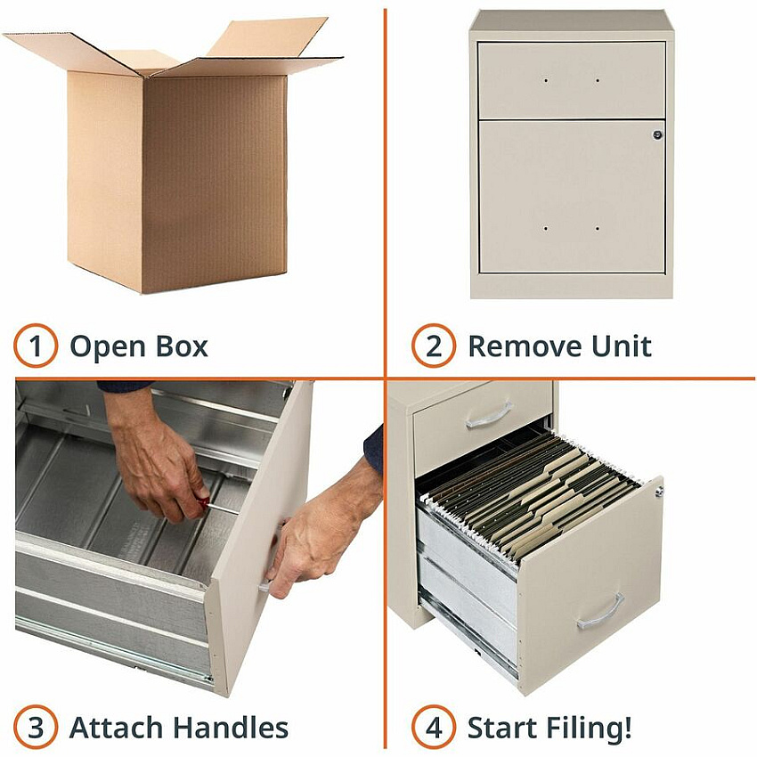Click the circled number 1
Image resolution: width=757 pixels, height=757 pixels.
36,346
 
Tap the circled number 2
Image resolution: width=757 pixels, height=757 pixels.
434,346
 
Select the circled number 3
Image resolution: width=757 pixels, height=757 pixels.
36,727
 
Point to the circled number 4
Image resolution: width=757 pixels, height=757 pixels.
434,727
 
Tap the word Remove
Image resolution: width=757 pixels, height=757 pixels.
525,346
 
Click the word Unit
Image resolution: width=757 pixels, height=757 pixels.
622,346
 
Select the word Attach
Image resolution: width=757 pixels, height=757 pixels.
118,728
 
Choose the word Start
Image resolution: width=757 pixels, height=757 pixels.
502,728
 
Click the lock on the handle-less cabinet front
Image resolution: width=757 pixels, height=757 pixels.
657,134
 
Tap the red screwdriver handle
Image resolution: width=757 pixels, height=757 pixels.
203,502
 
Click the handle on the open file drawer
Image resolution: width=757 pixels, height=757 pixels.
600,612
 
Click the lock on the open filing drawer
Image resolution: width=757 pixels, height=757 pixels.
659,491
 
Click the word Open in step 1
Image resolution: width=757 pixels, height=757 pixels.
108,347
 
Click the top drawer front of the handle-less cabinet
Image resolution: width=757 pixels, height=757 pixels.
572,80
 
